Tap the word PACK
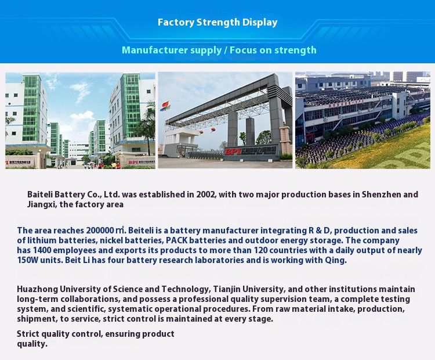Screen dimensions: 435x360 click(177, 240)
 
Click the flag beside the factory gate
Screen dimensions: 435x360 click(166, 105)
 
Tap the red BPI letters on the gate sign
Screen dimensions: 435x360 click(232, 152)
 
